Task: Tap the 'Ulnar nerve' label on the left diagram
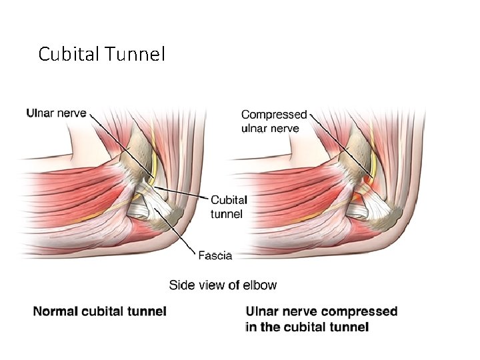click(x=56, y=113)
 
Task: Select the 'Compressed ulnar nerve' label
click(x=274, y=121)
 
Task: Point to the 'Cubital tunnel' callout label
click(x=229, y=207)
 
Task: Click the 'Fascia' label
click(x=215, y=254)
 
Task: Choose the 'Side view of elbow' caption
click(x=223, y=285)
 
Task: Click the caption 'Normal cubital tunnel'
click(x=100, y=311)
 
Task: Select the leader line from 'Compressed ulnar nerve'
click(x=333, y=137)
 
